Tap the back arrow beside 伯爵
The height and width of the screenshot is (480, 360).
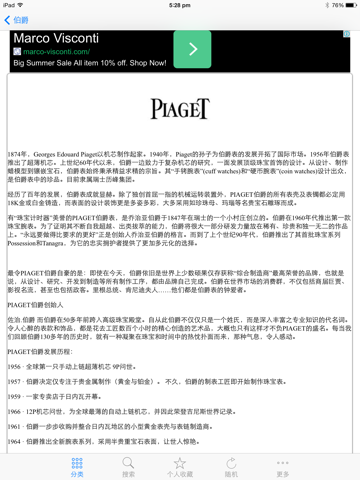pyautogui.click(x=8, y=19)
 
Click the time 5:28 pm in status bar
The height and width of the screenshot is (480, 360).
pyautogui.click(x=180, y=5)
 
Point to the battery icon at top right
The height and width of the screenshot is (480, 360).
pyautogui.click(x=348, y=5)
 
